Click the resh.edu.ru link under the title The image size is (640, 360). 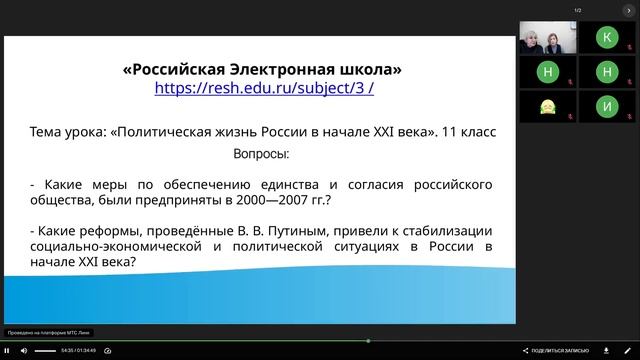(263, 88)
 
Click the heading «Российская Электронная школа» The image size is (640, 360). (263, 69)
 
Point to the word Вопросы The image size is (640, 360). (261, 155)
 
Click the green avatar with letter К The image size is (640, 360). (606, 38)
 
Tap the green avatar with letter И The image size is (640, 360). (606, 105)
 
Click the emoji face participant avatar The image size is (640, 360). (547, 106)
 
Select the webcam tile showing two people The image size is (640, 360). (547, 38)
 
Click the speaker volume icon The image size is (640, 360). (23, 350)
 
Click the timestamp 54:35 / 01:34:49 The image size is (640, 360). (78, 350)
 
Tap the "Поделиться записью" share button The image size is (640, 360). (555, 350)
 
